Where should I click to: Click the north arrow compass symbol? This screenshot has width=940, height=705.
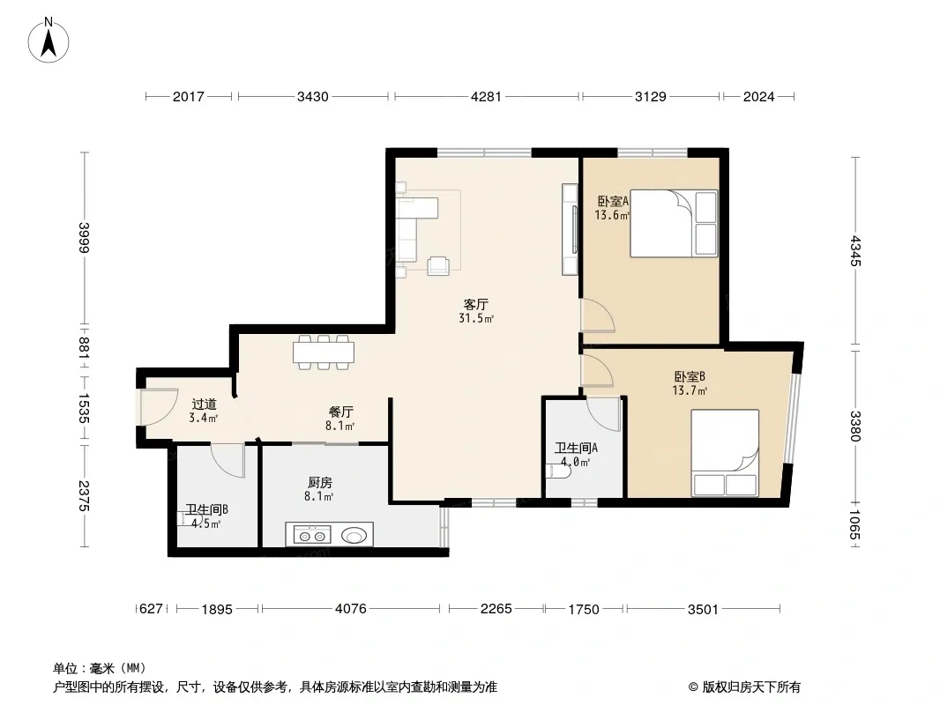[48, 41]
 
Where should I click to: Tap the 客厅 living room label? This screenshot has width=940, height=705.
[476, 304]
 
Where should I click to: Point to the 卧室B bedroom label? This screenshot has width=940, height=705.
[690, 377]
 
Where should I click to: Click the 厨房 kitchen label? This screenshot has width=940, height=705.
[320, 482]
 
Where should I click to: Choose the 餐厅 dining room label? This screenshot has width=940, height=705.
[340, 412]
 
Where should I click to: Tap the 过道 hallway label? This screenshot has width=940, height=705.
[204, 404]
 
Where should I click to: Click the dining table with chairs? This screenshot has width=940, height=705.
[323, 352]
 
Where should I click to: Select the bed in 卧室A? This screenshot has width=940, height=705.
[674, 224]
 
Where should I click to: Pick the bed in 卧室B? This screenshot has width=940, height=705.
[726, 454]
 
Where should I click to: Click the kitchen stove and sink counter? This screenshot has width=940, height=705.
[329, 534]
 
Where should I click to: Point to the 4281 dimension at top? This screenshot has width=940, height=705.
[486, 96]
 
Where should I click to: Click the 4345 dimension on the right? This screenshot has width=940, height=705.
[854, 251]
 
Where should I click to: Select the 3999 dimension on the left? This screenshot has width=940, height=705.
[84, 238]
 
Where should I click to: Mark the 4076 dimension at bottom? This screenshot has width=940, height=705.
[351, 609]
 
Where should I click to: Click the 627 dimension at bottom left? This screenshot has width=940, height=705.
[151, 609]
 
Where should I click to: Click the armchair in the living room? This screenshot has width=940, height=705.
[438, 265]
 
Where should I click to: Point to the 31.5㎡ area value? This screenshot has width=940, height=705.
[476, 319]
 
